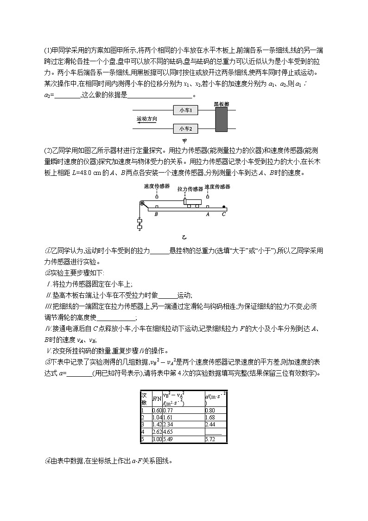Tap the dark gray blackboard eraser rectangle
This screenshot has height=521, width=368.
[x=222, y=120]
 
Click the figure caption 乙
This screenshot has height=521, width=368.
[x=184, y=237]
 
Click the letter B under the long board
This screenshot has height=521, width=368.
[x=156, y=214]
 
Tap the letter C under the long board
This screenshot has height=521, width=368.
[x=224, y=214]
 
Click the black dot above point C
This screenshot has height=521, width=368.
[x=224, y=206]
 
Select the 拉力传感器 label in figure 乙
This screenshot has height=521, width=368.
[x=190, y=189]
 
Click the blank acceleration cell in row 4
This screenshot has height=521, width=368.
[x=214, y=431]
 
